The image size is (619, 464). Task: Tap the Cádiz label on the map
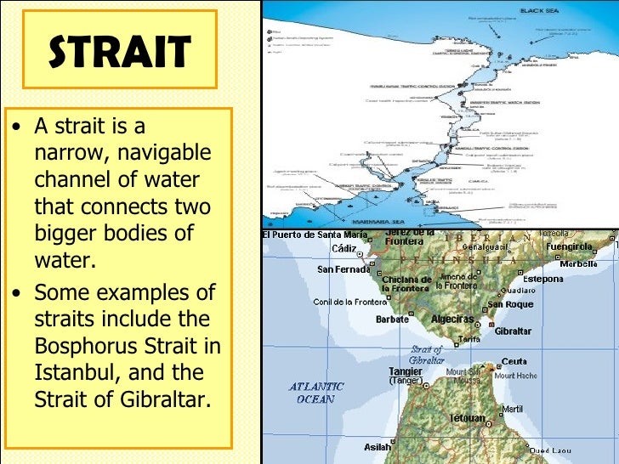344,248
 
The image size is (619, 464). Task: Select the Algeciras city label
452,319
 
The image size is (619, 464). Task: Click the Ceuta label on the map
514,361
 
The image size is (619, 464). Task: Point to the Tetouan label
467,418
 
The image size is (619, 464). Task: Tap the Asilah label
378,447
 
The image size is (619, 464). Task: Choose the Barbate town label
392,320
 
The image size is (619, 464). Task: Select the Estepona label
542,278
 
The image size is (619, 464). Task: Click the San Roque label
510,303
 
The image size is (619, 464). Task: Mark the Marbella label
577,263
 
